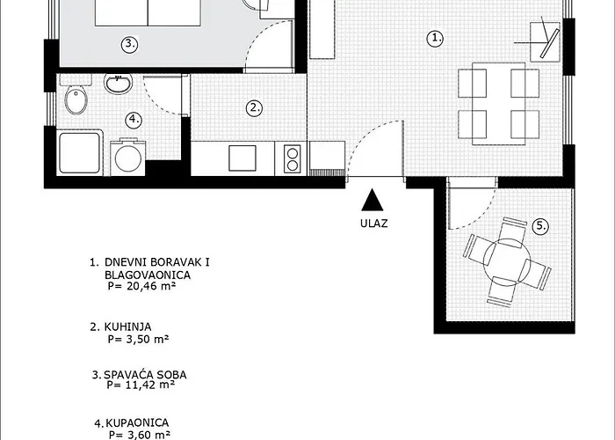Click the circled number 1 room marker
(x=435, y=39)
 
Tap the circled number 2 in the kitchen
(x=254, y=108)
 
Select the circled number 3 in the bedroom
(x=130, y=44)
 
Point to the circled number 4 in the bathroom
(x=134, y=119)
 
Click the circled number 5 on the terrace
(x=541, y=226)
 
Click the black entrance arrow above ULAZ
(x=373, y=200)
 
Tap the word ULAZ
(x=374, y=224)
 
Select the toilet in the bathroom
(x=76, y=94)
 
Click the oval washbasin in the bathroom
(x=118, y=84)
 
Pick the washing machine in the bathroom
(x=127, y=158)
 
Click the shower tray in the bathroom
(x=80, y=152)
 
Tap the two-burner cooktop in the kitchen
(x=293, y=159)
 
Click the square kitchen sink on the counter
(x=242, y=158)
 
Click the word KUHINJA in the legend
(x=128, y=326)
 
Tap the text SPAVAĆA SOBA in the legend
(x=145, y=374)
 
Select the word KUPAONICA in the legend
(x=138, y=422)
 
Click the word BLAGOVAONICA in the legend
(x=148, y=275)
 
